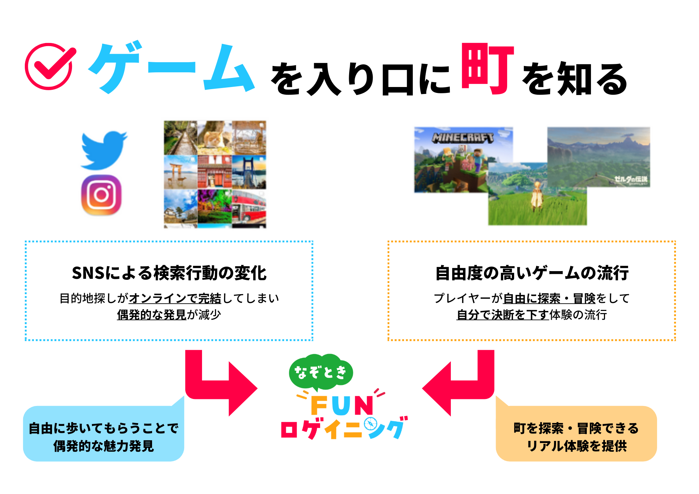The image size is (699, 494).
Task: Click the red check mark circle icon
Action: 49,66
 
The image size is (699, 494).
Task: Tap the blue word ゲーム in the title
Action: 171,68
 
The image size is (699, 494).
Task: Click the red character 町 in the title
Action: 488,69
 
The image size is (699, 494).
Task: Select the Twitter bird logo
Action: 104,150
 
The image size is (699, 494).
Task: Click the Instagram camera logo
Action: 101,195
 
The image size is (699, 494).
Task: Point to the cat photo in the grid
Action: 215,138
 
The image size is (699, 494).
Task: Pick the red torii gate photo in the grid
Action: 181,172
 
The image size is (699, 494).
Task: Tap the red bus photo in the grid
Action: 249,209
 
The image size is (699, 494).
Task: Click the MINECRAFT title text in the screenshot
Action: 463,138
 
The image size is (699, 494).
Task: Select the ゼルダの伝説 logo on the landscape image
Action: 631,180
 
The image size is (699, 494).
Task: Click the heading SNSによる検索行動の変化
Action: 169,273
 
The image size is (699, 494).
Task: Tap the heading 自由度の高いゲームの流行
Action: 532,273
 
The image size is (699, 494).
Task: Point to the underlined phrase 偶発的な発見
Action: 152,314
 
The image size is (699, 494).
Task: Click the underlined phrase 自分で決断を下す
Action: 503,314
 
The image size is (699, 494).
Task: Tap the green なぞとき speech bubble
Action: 321,372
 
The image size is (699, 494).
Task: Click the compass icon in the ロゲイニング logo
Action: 371,424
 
